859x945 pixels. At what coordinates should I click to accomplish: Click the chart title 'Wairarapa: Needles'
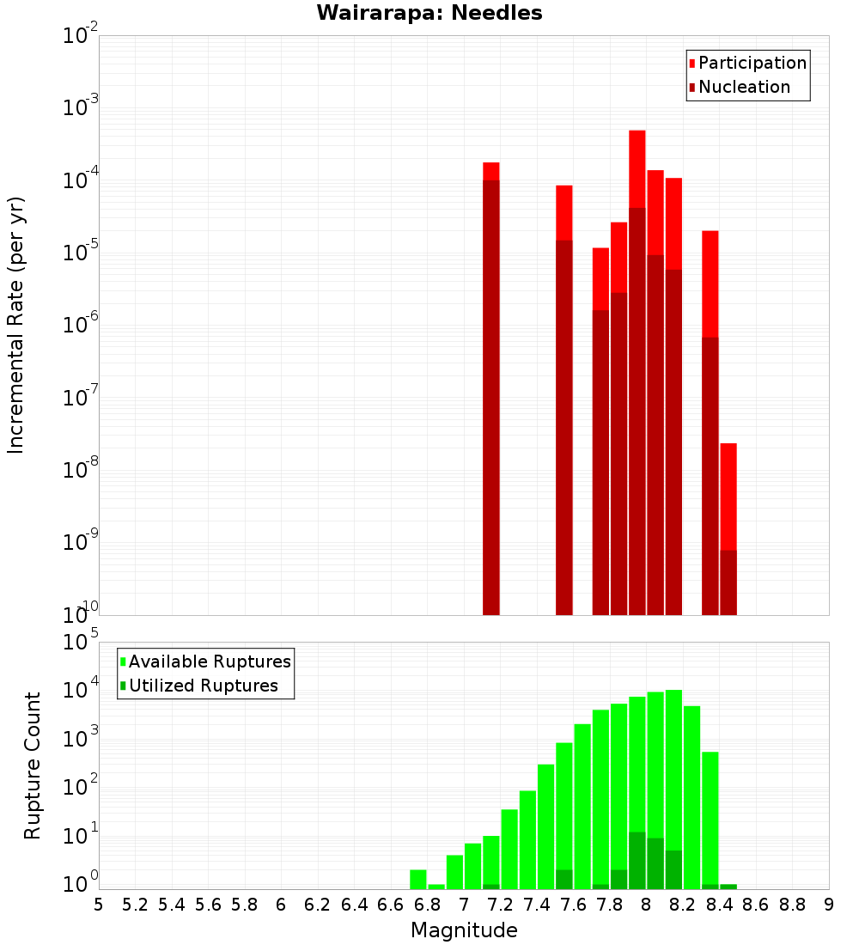tap(429, 14)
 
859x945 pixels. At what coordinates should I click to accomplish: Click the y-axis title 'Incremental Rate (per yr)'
tap(16, 325)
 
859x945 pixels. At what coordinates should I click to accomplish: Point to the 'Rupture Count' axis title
tap(33, 765)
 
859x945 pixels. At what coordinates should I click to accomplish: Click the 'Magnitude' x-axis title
tap(464, 930)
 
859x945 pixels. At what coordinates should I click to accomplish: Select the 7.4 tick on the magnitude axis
tap(537, 905)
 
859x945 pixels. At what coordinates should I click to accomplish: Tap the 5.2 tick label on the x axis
tap(136, 905)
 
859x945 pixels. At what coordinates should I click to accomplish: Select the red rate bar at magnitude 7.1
tap(491, 387)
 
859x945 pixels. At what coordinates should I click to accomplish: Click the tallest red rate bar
tap(637, 369)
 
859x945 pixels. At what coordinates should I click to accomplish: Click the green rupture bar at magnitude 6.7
tap(418, 880)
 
